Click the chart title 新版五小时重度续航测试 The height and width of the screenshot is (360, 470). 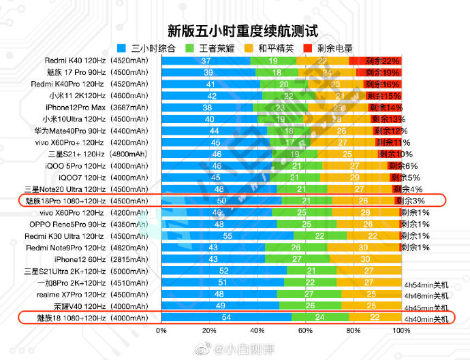pyautogui.click(x=242, y=31)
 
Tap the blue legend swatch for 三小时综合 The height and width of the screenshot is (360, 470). pyautogui.click(x=123, y=48)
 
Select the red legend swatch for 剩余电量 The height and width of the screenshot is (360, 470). pyautogui.click(x=307, y=48)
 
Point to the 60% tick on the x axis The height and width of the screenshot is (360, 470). pyautogui.click(x=305, y=330)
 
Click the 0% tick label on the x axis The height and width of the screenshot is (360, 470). pyautogui.click(x=161, y=330)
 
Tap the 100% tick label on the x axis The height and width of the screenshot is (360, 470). pyautogui.click(x=401, y=330)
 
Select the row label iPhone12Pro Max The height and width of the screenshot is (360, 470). pyautogui.click(x=76, y=108)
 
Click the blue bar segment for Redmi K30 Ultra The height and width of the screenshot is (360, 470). pyautogui.click(x=227, y=235)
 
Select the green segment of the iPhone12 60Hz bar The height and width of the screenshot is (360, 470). pyautogui.click(x=297, y=259)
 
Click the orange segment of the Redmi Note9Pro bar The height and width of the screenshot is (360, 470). pyautogui.click(x=365, y=247)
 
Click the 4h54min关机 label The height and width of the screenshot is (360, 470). pyautogui.click(x=426, y=283)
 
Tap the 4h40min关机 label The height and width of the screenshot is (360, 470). pyautogui.click(x=426, y=318)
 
